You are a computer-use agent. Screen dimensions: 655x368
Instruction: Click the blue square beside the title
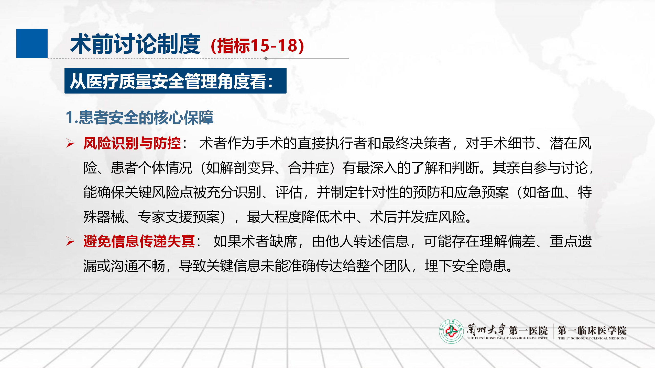coord(32,43)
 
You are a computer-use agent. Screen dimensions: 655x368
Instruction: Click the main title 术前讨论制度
coord(135,44)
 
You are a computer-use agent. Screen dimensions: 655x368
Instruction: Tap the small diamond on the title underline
coord(266,58)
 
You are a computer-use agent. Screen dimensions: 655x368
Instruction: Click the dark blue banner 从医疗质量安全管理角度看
coord(176,81)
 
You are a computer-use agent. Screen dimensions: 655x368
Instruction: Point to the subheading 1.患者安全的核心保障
coord(140,118)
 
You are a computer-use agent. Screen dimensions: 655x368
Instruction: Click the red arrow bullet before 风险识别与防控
coord(70,143)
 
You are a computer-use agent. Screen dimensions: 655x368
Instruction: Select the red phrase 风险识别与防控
coord(132,143)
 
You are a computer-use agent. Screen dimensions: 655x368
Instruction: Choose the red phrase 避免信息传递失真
coord(139,241)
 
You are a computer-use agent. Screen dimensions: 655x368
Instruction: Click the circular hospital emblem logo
coord(451,331)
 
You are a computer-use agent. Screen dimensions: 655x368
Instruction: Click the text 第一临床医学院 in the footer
coord(592,330)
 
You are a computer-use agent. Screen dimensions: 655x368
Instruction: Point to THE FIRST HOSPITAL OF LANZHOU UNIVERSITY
coord(507,338)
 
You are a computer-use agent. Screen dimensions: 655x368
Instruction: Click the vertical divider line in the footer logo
coord(553,331)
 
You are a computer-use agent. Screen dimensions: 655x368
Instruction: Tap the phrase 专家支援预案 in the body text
coord(179,217)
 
